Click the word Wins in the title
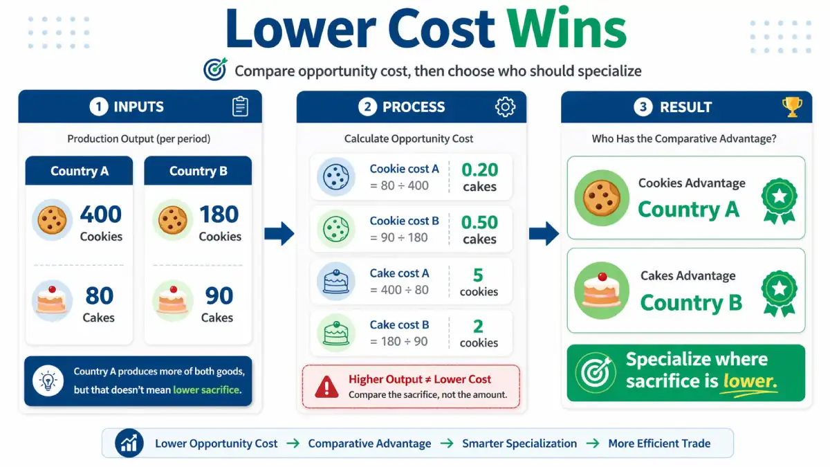(566, 30)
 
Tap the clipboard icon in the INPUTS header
(240, 107)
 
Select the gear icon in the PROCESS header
(505, 107)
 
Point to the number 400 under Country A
(101, 214)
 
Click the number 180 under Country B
(219, 214)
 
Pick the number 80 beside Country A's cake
(99, 296)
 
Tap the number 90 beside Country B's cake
(219, 296)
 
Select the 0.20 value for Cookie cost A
(479, 170)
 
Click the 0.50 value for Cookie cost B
(479, 223)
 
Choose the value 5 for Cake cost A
(479, 275)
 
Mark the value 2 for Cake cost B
(479, 327)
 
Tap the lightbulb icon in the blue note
(48, 381)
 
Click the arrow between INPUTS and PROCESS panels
(279, 233)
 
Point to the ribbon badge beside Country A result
(779, 199)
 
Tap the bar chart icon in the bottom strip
(129, 443)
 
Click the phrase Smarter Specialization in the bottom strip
(519, 443)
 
